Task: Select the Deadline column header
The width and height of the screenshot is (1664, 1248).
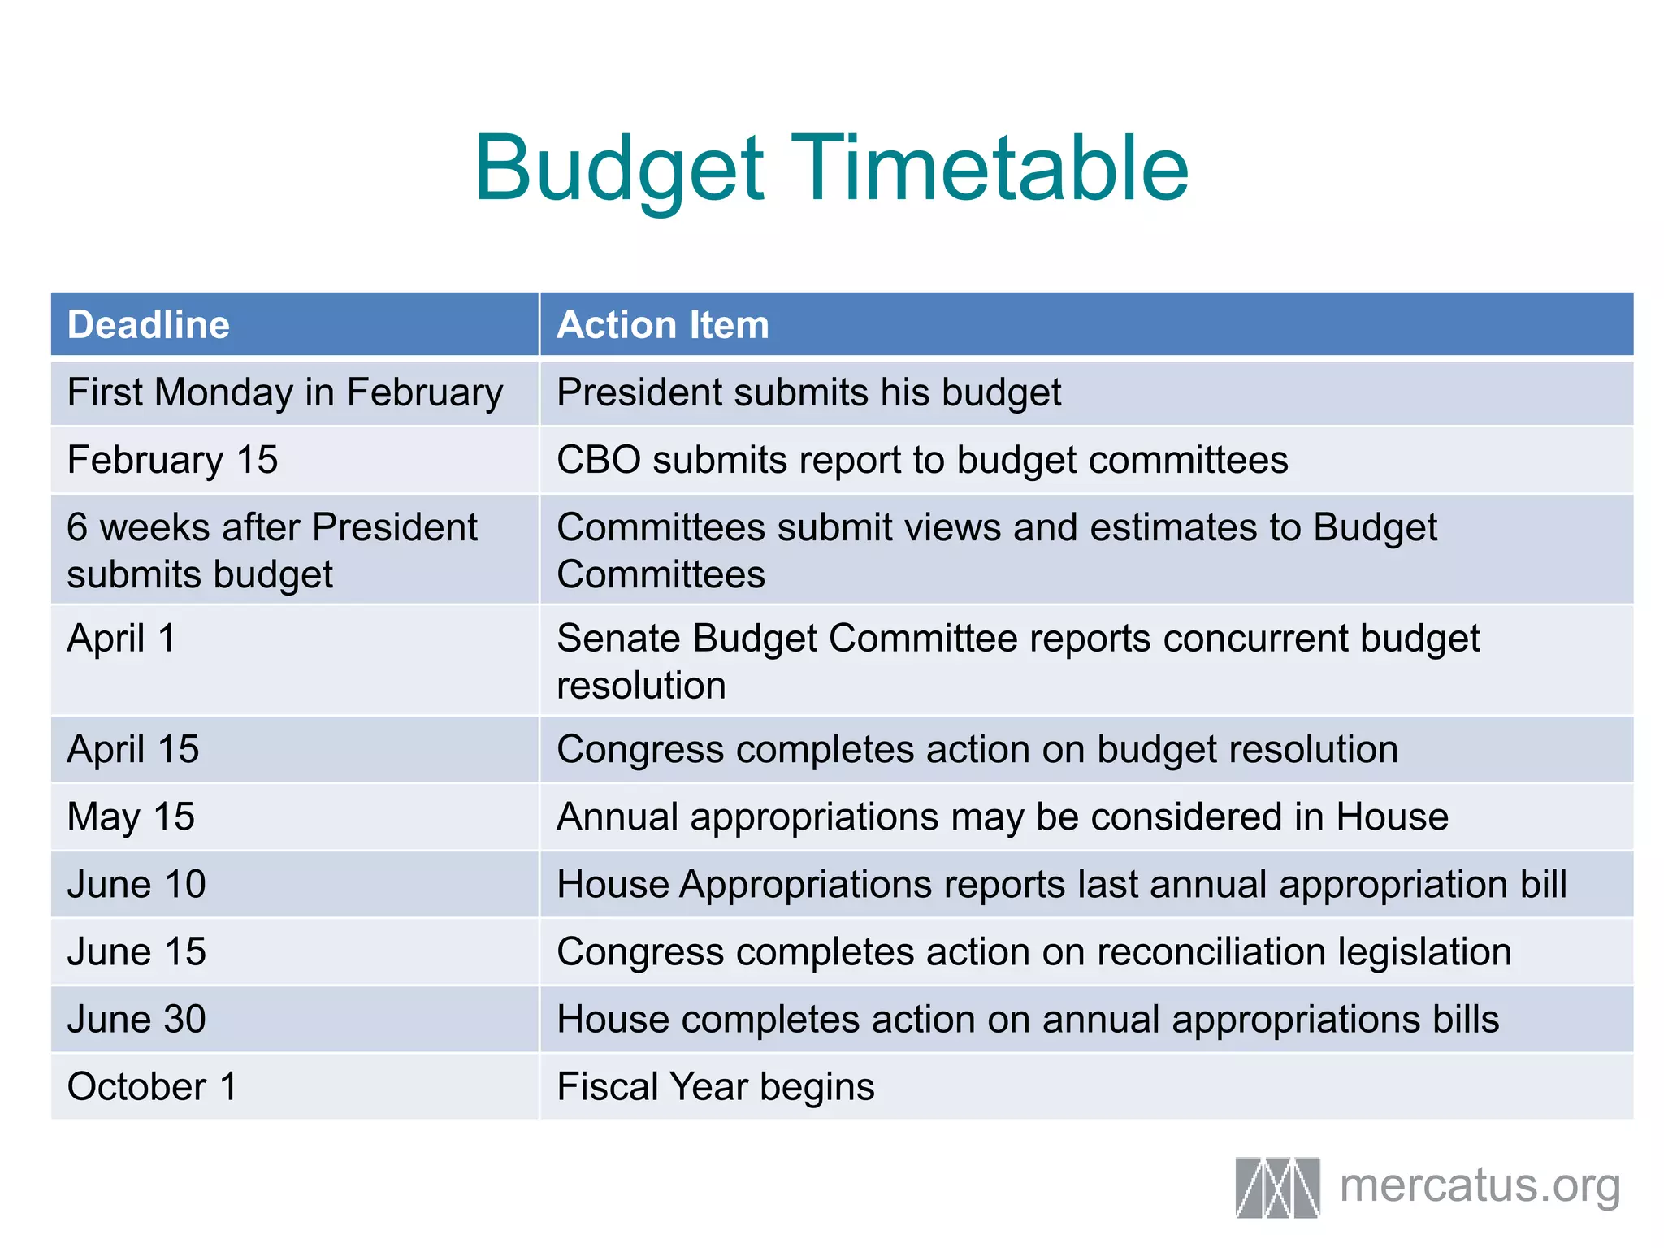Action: pos(149,325)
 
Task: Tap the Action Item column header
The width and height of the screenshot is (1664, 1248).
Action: pos(662,325)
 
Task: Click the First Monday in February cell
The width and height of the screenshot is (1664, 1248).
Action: pos(284,393)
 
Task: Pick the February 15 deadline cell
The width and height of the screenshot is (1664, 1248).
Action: pos(172,461)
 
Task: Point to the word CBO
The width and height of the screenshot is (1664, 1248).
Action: pos(598,461)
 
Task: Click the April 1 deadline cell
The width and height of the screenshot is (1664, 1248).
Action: pos(121,639)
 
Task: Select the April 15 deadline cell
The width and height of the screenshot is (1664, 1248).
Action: pos(132,749)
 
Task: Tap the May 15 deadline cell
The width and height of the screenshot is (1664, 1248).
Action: pos(131,817)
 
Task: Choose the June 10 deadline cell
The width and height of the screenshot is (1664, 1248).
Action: pos(136,884)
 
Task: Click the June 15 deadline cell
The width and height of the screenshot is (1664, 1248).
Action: pos(136,951)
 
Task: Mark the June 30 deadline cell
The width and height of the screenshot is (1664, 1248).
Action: pos(136,1019)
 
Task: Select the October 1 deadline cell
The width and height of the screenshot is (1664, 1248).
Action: pos(152,1086)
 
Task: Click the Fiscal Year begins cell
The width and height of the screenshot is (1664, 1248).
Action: pos(715,1086)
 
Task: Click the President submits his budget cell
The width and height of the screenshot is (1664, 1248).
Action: pos(808,393)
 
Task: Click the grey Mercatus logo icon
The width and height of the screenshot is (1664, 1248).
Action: pos(1277,1187)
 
